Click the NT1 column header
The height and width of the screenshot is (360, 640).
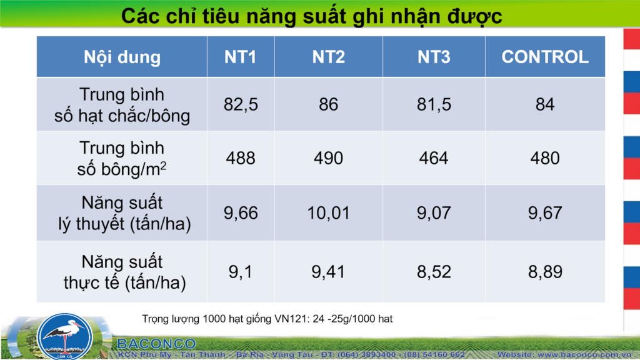pyautogui.click(x=241, y=57)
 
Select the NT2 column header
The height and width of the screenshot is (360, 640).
pyautogui.click(x=329, y=57)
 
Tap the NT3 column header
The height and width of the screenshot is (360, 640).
pyautogui.click(x=434, y=57)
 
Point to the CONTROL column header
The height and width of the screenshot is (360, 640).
pyautogui.click(x=545, y=57)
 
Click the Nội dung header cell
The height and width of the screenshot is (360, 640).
pyautogui.click(x=122, y=57)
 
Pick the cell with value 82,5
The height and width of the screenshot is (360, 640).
pyautogui.click(x=241, y=104)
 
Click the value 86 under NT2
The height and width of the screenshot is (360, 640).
pyautogui.click(x=329, y=104)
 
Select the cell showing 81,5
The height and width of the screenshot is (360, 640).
pyautogui.click(x=434, y=104)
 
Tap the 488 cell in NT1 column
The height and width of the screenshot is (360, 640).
pyautogui.click(x=241, y=158)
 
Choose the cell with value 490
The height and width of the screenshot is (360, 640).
pyautogui.click(x=329, y=158)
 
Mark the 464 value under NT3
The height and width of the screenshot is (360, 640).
pyautogui.click(x=434, y=158)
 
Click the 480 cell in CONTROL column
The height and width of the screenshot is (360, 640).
pyautogui.click(x=545, y=158)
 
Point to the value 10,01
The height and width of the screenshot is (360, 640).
pyautogui.click(x=329, y=213)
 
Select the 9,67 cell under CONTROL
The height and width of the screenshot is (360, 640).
pyautogui.click(x=545, y=213)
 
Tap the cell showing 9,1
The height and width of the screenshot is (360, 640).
pyautogui.click(x=241, y=272)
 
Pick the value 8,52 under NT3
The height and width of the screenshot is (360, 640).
pyautogui.click(x=434, y=272)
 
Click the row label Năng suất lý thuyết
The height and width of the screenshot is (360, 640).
pyautogui.click(x=124, y=213)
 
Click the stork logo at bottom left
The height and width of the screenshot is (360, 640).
pyautogui.click(x=64, y=336)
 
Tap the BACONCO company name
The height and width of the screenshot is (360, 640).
pyautogui.click(x=156, y=344)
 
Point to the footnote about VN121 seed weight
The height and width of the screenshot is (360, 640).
pyautogui.click(x=267, y=319)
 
